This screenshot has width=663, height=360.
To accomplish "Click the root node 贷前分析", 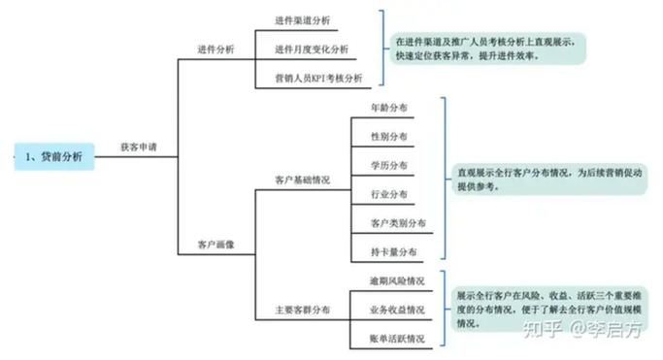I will pos(54,155).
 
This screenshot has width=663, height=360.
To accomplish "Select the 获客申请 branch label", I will pos(138,147).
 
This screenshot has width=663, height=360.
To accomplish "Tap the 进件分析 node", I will pos(215,49).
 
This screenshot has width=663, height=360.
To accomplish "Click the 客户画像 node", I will pos(215,244).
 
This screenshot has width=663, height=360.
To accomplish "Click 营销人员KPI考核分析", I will pos(318,78).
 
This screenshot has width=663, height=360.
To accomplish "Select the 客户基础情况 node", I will pos(303,180).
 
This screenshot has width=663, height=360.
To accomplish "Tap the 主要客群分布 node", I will pos(303,310).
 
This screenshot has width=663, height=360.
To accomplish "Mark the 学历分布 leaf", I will pos(388,165).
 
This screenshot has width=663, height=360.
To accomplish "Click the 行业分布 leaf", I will pos(388,194).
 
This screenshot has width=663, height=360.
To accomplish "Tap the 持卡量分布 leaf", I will pos(393,252).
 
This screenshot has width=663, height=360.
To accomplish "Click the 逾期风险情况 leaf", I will pos(396,281).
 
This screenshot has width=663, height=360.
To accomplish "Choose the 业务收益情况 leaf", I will pos(396,311).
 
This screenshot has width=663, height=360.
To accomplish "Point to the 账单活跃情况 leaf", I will pos(396,339).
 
